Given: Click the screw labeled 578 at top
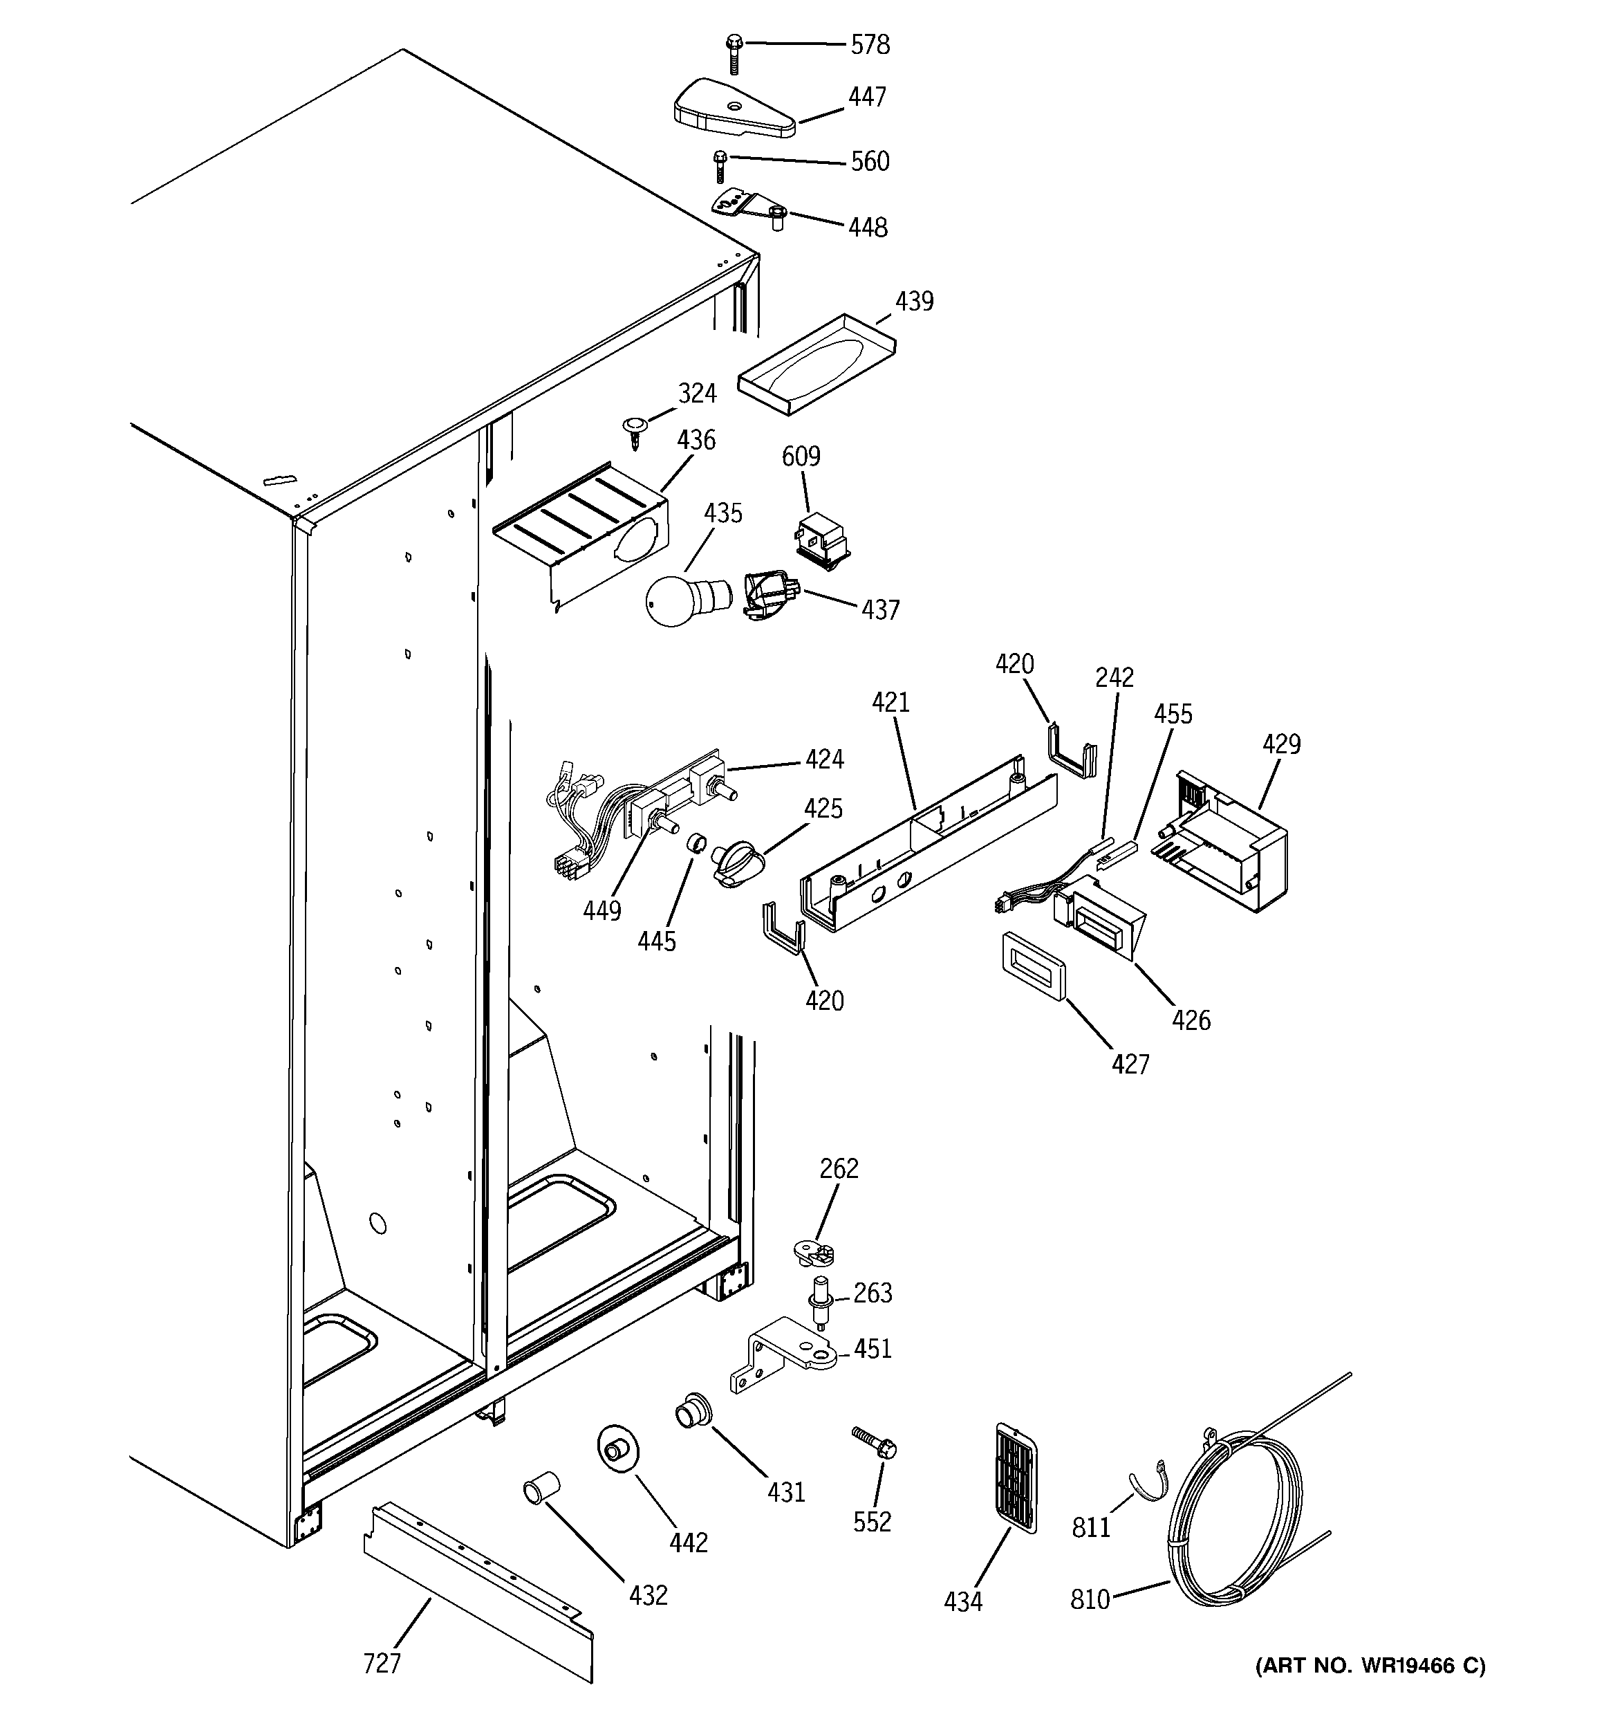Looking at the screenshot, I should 734,53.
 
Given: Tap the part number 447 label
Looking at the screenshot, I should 867,98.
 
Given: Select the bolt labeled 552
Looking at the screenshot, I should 875,1442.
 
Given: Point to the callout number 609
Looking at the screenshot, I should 801,456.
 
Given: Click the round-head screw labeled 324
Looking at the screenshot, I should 635,429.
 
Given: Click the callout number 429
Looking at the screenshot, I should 1281,744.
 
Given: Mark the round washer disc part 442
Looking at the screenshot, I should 617,1451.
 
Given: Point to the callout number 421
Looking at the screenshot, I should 890,703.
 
